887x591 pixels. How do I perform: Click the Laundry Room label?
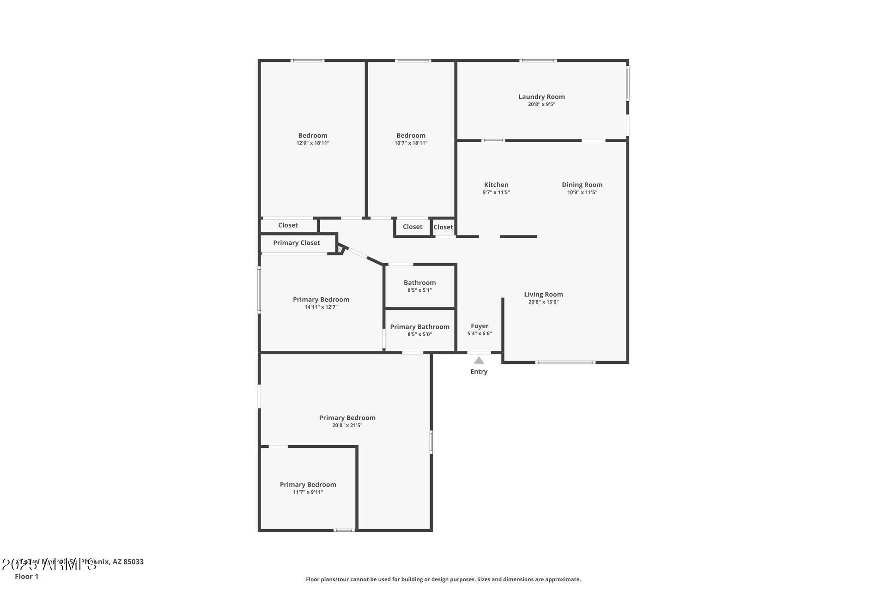tap(541, 96)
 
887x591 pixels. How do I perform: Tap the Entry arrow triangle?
tap(479, 360)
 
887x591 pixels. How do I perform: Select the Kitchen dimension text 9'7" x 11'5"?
tap(496, 193)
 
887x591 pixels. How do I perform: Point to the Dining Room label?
tap(582, 185)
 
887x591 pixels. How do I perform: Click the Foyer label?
tap(480, 326)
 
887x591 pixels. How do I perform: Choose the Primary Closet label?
tap(296, 243)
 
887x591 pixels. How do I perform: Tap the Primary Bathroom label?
tap(419, 327)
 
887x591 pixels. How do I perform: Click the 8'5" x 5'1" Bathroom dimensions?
tap(419, 290)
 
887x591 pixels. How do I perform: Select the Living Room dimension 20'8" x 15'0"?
tap(543, 302)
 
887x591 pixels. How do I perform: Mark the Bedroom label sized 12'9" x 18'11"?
tap(313, 135)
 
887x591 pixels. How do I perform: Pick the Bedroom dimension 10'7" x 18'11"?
tap(411, 143)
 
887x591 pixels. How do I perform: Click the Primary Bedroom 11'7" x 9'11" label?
tap(308, 484)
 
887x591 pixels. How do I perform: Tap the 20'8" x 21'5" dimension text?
tap(347, 425)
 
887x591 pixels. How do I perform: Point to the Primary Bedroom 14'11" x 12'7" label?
tap(321, 300)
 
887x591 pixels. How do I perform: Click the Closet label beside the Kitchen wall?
tap(443, 227)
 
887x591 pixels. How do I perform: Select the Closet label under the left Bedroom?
tap(288, 225)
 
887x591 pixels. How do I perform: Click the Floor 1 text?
tap(26, 576)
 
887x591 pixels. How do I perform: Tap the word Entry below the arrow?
tap(479, 372)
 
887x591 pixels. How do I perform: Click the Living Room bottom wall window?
tap(565, 362)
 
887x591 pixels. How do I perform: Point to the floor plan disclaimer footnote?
tap(443, 579)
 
